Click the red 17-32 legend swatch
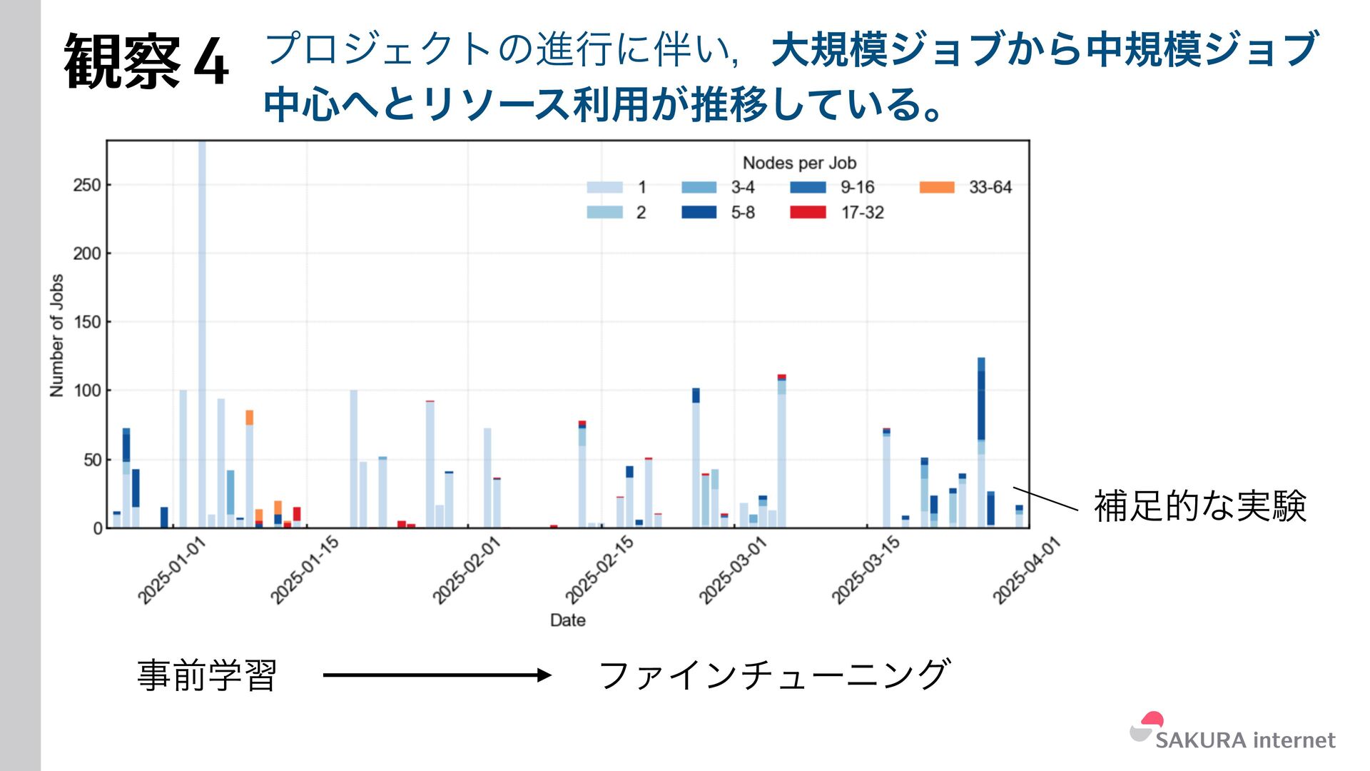pyautogui.click(x=808, y=212)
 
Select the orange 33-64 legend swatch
pyautogui.click(x=937, y=187)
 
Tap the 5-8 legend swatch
pyautogui.click(x=699, y=212)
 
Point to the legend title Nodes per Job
pyautogui.click(x=799, y=163)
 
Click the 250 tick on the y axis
pyautogui.click(x=87, y=185)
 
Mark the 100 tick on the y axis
pyautogui.click(x=87, y=390)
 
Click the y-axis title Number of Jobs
pyautogui.click(x=57, y=335)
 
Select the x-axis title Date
pyautogui.click(x=567, y=620)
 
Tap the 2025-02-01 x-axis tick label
pyautogui.click(x=467, y=570)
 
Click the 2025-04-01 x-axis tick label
pyautogui.click(x=1027, y=570)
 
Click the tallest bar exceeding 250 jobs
pyautogui.click(x=202, y=321)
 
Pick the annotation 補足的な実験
pyautogui.click(x=1199, y=506)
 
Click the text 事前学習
pyautogui.click(x=207, y=675)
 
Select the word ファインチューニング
pyautogui.click(x=774, y=675)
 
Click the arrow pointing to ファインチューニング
pyautogui.click(x=437, y=675)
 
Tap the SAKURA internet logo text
pyautogui.click(x=1245, y=740)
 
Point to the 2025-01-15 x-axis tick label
pyautogui.click(x=305, y=570)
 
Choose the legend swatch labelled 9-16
pyautogui.click(x=808, y=187)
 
